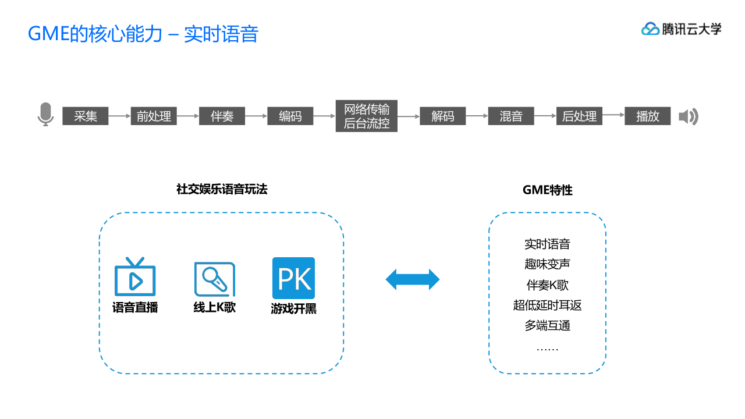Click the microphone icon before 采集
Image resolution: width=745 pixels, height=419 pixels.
tap(45, 114)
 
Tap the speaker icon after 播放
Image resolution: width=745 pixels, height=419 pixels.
tap(688, 116)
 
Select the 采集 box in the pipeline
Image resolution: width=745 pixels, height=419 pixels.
tap(86, 116)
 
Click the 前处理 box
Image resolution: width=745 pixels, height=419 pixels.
tap(154, 116)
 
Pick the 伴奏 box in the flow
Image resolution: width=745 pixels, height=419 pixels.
tap(222, 116)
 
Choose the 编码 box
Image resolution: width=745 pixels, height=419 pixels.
tap(290, 116)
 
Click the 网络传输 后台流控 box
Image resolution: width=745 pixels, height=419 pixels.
tap(366, 116)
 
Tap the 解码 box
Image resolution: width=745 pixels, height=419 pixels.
tap(442, 116)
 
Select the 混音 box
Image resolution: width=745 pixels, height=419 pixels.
tap(511, 116)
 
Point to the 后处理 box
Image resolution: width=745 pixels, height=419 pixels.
tap(579, 116)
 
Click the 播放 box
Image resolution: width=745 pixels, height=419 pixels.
tap(647, 116)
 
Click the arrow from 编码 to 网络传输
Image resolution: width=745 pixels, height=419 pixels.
tap(324, 116)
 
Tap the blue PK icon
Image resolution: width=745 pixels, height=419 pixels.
tap(293, 278)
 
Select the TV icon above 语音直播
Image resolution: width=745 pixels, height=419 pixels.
tap(135, 277)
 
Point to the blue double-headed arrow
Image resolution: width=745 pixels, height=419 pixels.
tap(412, 279)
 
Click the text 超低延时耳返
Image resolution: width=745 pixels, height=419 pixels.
tap(547, 305)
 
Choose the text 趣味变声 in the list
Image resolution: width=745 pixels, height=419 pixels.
tap(547, 264)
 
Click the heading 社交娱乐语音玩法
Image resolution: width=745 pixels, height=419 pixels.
tap(222, 189)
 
